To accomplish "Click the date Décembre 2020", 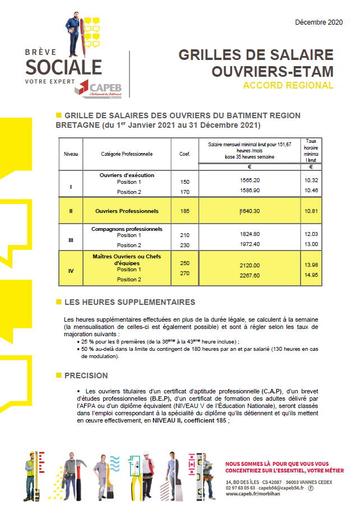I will (x=319, y=22).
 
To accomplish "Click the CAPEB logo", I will (x=101, y=89).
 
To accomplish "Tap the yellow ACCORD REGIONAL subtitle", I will (x=288, y=86).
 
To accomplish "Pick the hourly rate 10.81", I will (x=311, y=211).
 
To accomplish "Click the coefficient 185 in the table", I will (x=185, y=211).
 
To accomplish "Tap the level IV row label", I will (x=71, y=271).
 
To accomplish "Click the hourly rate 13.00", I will (x=311, y=244).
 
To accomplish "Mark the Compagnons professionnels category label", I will (x=127, y=229).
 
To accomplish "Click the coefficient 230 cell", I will (x=185, y=245).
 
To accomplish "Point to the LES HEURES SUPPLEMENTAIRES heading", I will (x=130, y=302).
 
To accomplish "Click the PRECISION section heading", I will (x=86, y=375).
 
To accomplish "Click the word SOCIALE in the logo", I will (x=64, y=67).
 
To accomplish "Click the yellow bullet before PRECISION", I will (x=58, y=375).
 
